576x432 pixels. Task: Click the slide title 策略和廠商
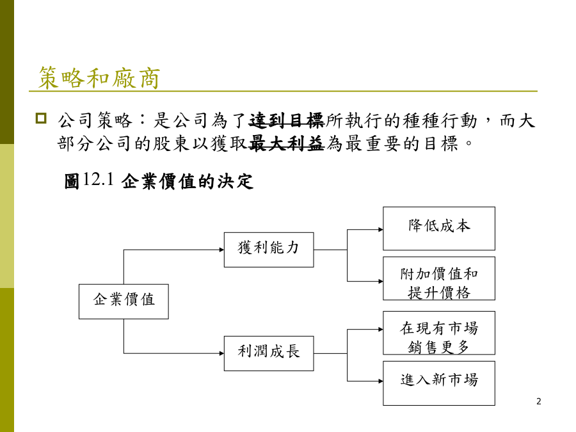[99, 78]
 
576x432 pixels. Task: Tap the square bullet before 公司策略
[41, 118]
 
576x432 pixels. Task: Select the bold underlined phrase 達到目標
[287, 121]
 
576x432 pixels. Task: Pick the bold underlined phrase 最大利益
[287, 143]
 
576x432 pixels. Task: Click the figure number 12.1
[98, 179]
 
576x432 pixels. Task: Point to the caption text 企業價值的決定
[188, 181]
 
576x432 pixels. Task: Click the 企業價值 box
[124, 301]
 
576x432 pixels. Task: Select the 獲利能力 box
[269, 250]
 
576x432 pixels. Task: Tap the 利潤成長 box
[269, 353]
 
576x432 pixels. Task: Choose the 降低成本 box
[439, 228]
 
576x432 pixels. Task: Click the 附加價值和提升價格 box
[439, 278]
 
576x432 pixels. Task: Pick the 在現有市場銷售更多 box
[439, 333]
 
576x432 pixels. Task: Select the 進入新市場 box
[439, 383]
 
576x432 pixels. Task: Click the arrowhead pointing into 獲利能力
[222, 250]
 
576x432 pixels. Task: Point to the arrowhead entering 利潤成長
[222, 353]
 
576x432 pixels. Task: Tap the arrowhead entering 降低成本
[381, 230]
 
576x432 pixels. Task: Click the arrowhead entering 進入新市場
[381, 381]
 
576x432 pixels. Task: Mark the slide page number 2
[538, 401]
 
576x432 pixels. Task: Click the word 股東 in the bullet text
[173, 143]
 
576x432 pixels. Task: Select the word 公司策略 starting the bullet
[95, 121]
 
